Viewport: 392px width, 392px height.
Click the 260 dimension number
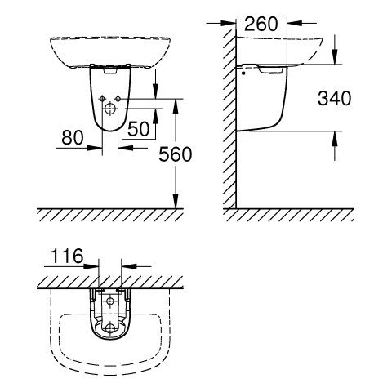[x=261, y=24]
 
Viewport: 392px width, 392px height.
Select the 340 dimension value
[x=335, y=98]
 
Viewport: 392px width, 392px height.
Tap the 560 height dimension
[x=176, y=154]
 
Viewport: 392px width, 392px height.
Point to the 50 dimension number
[x=139, y=129]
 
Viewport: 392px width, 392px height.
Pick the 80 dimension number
[x=73, y=137]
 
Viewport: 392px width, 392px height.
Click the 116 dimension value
[x=67, y=256]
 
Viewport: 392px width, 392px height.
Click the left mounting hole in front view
[x=102, y=99]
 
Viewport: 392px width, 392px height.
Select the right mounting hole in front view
[x=118, y=99]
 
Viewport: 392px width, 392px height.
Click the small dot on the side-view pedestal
[x=243, y=73]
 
